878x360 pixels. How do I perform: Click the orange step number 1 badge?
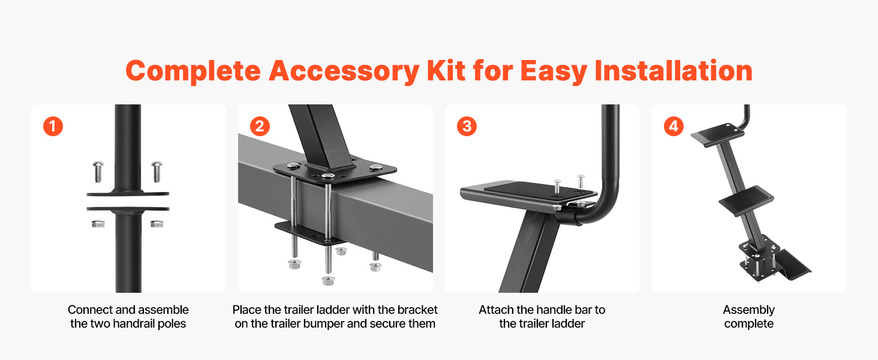point(53,126)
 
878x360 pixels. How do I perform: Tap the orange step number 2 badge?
point(260,126)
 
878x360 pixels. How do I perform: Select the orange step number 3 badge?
point(467,126)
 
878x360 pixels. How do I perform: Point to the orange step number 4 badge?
point(673,126)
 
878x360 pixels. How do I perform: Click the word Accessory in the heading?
point(344,71)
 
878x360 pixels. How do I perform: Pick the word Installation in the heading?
point(673,71)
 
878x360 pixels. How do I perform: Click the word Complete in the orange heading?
point(193,71)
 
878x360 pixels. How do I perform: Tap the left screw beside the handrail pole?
point(98,172)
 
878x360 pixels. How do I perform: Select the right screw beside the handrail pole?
point(157,172)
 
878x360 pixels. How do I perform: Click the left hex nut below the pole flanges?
point(98,224)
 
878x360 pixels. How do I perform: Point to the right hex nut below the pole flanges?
point(157,224)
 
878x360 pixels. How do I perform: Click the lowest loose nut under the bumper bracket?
point(327,280)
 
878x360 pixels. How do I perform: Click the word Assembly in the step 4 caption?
point(748,310)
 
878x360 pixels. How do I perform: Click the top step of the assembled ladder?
point(717,135)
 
